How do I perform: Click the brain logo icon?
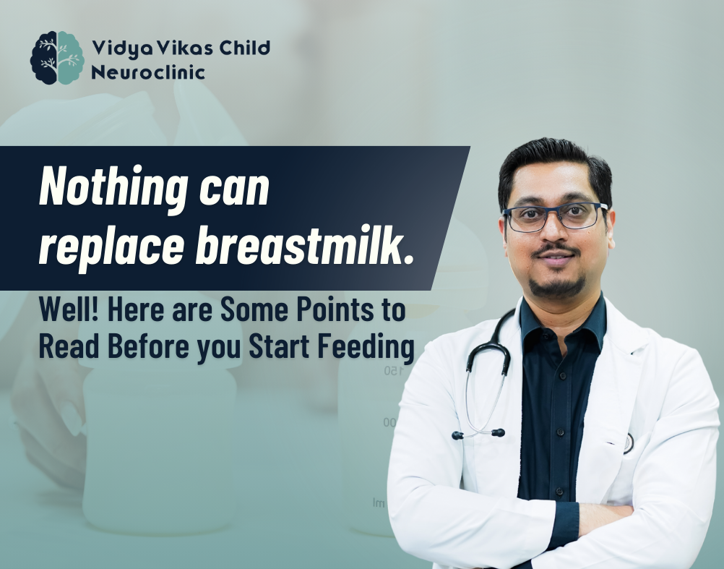[57, 58]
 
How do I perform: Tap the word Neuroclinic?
[147, 72]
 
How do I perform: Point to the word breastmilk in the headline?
[304, 244]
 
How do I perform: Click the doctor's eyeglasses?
[555, 216]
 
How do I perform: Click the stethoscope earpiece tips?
[478, 434]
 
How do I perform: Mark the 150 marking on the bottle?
[393, 370]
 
